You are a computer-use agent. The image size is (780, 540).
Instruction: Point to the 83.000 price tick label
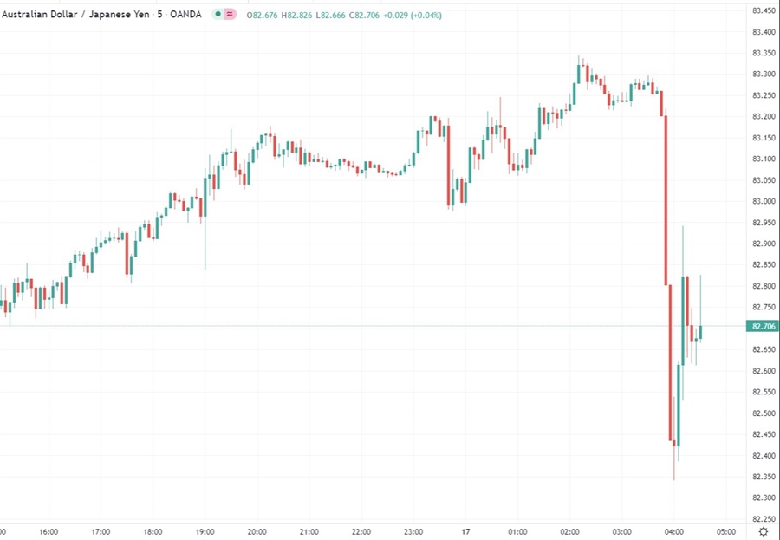coord(763,201)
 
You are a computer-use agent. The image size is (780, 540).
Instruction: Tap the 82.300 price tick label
coord(763,498)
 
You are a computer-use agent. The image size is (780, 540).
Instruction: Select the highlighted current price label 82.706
coord(763,326)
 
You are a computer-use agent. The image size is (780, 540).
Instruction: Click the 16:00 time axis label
coord(49,531)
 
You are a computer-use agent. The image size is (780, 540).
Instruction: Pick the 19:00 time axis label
coord(205,531)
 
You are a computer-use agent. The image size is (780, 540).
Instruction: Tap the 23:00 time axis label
coord(413,531)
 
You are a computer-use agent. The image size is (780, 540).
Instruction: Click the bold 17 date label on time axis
coord(465,531)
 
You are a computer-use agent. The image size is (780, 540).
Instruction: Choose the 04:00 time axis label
coord(673,531)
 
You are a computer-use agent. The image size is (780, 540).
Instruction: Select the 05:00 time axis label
coord(725,531)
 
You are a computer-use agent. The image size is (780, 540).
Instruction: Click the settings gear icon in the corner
coord(763,530)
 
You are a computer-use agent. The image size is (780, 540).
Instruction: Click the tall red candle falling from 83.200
coord(666,199)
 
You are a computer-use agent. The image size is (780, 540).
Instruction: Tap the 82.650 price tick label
coord(763,349)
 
